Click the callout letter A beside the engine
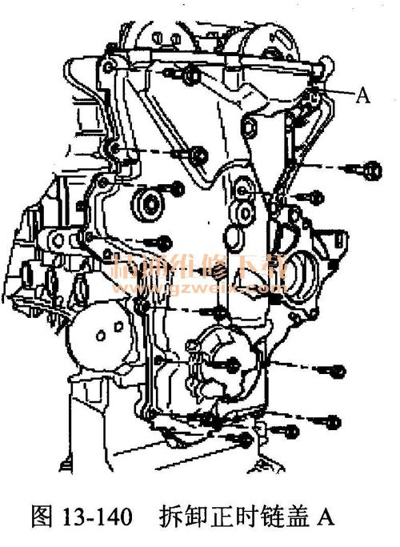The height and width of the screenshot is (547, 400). [362, 96]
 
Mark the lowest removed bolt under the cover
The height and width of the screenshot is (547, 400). [245, 440]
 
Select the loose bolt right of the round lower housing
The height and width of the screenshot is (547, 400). [337, 371]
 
